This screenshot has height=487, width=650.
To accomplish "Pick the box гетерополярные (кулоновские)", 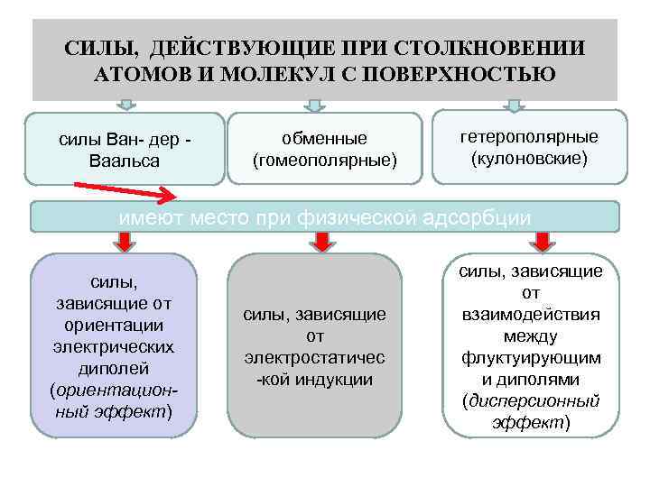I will pyautogui.click(x=529, y=147).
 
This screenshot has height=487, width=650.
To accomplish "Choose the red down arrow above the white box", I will pyautogui.click(x=542, y=241).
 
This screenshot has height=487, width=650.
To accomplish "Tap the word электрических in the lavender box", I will pyautogui.click(x=114, y=346).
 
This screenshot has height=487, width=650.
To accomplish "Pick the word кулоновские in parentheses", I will pyautogui.click(x=529, y=159).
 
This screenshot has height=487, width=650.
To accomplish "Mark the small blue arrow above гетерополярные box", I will pyautogui.click(x=514, y=106).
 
